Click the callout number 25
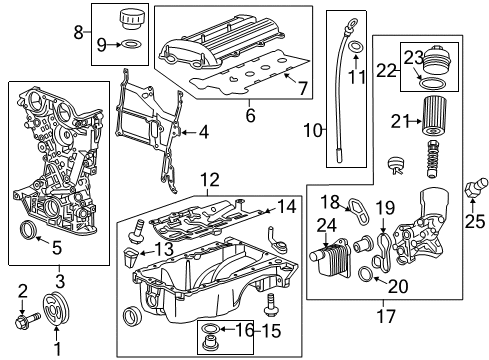475,220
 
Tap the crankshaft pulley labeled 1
56,308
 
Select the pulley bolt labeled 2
27,320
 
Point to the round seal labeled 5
28,230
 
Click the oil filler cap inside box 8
129,19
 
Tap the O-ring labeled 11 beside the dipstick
355,47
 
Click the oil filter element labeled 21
434,115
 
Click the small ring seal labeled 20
365,273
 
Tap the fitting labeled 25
476,187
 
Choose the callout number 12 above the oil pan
210,180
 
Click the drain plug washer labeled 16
210,328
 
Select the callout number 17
386,316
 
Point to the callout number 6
250,115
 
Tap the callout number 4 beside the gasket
204,132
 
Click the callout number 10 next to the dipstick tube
313,130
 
